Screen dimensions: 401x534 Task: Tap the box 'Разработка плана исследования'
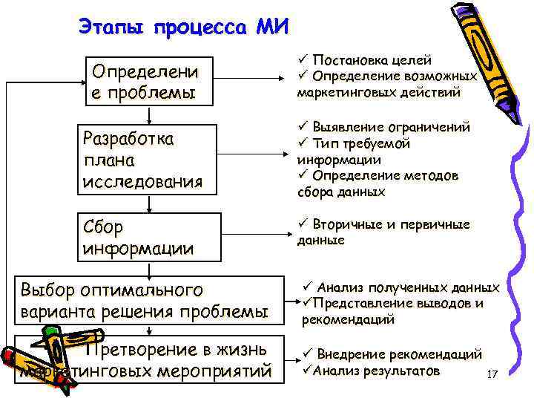[149, 160]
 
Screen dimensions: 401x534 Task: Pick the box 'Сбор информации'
[149, 237]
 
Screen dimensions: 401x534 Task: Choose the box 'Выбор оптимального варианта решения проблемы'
[149, 300]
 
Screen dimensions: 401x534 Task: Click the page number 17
[491, 375]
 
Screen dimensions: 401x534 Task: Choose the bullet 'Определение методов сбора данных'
[378, 183]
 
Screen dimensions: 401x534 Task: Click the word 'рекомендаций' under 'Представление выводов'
[348, 320]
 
